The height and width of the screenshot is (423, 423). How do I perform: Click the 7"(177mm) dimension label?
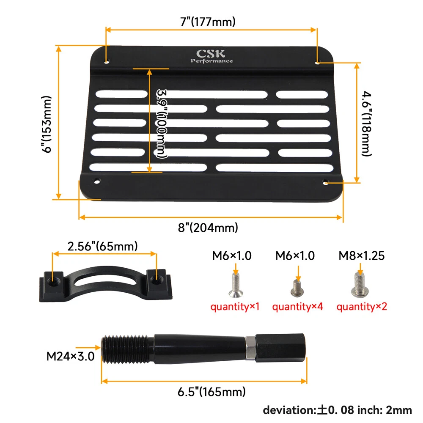tap(208, 22)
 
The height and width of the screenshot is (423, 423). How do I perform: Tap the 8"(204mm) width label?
tap(208, 228)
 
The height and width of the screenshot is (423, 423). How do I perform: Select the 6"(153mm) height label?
tap(47, 124)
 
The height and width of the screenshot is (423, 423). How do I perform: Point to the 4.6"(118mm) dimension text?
tap(367, 124)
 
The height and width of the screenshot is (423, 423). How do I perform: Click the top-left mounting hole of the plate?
tap(107, 62)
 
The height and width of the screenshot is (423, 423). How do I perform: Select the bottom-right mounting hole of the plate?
tap(326, 183)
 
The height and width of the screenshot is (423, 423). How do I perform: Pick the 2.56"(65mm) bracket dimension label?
tap(102, 246)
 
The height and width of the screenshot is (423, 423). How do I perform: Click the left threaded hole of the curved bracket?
tap(52, 282)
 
